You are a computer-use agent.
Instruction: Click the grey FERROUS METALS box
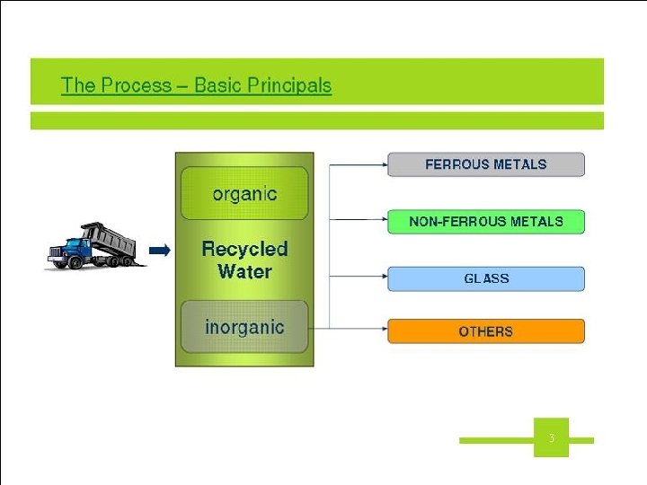click(x=485, y=164)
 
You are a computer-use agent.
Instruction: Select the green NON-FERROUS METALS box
click(x=485, y=221)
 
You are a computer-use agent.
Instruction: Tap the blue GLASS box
click(x=485, y=278)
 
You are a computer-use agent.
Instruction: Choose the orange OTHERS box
click(x=485, y=331)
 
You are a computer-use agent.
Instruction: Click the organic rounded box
click(x=244, y=193)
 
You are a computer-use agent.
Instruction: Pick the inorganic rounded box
click(x=244, y=327)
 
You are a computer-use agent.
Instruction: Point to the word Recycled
click(x=244, y=249)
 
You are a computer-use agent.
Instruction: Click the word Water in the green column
click(x=244, y=271)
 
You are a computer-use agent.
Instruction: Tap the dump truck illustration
click(x=93, y=246)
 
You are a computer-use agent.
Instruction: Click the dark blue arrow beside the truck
click(x=160, y=251)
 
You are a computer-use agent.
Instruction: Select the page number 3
click(x=551, y=438)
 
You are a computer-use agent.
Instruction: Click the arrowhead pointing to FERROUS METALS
click(x=384, y=164)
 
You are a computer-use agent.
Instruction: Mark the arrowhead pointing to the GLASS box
click(x=384, y=278)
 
